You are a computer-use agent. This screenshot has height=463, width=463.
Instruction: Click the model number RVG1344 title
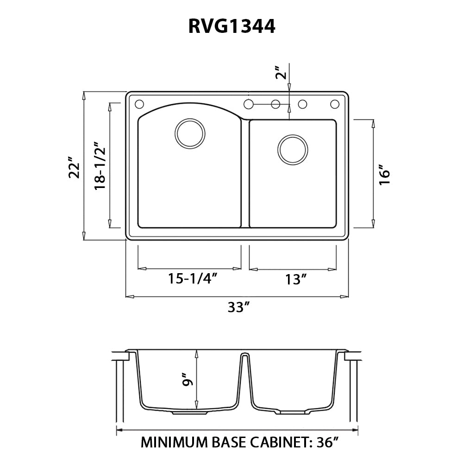coord(231,27)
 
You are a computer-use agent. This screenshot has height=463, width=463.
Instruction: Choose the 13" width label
coord(296,280)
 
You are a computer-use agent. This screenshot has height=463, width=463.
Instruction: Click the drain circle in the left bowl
coord(189,133)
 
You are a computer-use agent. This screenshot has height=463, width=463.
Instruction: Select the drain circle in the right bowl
coord(292,149)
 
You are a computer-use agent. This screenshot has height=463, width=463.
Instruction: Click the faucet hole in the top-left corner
coord(139,103)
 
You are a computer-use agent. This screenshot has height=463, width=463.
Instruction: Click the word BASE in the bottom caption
coord(224,443)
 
